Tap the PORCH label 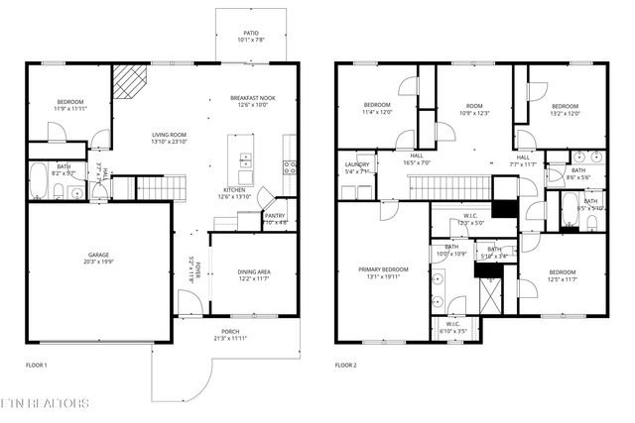click(x=230, y=332)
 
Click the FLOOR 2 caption click(x=346, y=366)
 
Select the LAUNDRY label click(x=356, y=164)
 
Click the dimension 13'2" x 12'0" click(x=564, y=112)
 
